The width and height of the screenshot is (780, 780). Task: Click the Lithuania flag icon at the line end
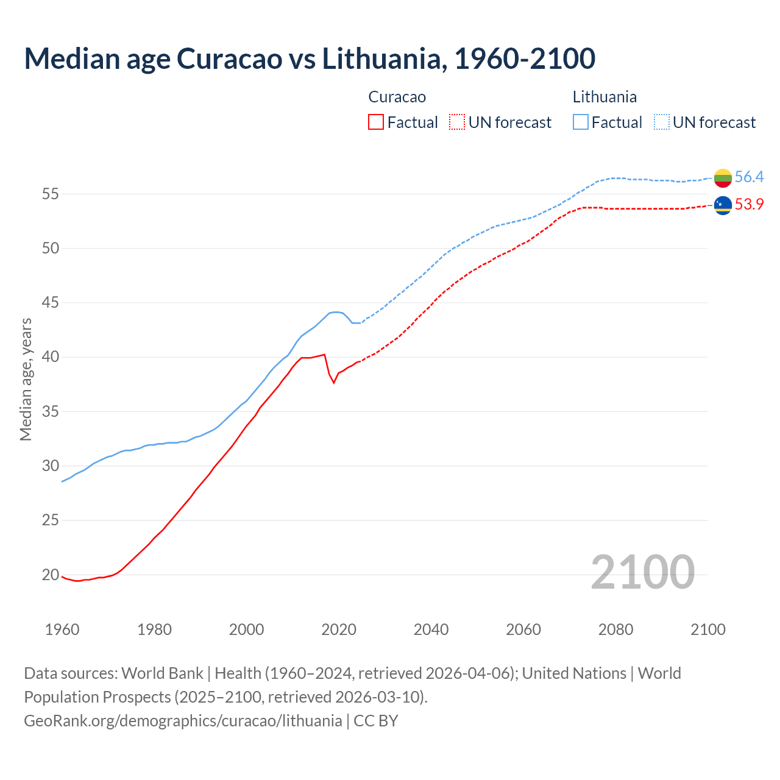coord(723,178)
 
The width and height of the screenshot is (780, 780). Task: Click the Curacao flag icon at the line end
coord(723,205)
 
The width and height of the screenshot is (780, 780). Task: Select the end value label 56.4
coord(749,177)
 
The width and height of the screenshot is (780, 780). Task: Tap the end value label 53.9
coord(749,205)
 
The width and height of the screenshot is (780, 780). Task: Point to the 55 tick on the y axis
coord(50,194)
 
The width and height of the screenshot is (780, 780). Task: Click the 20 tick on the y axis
coord(50,575)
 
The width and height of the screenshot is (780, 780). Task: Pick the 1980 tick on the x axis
coord(154,629)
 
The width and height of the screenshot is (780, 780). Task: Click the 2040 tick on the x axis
coord(431,629)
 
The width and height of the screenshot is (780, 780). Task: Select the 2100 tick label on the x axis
coord(707,629)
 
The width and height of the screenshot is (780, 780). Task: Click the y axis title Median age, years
coord(26,379)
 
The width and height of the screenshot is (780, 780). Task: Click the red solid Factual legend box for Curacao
coord(376,122)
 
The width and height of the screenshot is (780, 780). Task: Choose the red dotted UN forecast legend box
coord(457,122)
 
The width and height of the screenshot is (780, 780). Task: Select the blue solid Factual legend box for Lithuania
coord(581,122)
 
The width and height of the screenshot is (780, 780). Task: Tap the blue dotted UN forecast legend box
coord(662,122)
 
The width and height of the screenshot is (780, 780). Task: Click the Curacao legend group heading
coord(397,97)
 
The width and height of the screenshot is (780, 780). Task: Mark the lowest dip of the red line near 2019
coord(334,382)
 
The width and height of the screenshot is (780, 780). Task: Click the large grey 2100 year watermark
coord(642,572)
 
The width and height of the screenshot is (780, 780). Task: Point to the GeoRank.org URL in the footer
coord(183,721)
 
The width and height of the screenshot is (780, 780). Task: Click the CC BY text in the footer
coord(376,721)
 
